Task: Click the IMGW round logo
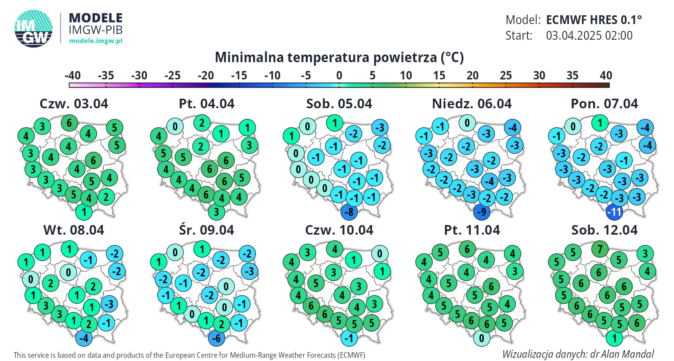pos(34,28)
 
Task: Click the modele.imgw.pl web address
pos(95,41)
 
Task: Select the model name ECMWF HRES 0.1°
pos(594,20)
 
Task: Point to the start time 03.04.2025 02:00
pos(589,36)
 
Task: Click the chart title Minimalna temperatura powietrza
pos(339,57)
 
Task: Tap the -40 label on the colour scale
pos(73,75)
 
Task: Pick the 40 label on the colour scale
pos(606,75)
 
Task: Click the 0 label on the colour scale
pos(339,75)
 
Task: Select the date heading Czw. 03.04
pos(74,103)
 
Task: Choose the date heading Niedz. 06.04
pos(472,103)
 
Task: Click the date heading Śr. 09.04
pos(206,230)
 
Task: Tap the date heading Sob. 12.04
pos(604,230)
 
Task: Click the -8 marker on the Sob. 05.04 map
pos(349,211)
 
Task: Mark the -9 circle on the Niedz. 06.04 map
pos(482,211)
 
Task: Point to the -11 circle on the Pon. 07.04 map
pos(614,211)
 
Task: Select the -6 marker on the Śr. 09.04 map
pos(217,338)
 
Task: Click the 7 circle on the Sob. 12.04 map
pos(600,249)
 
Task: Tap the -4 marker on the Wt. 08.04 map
pos(84,338)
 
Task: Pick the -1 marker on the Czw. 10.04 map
pos(349,338)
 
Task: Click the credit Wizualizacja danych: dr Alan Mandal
pos(578,354)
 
